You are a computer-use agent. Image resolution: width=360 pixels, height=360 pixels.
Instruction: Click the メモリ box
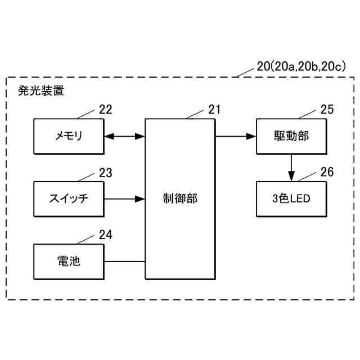point(68,136)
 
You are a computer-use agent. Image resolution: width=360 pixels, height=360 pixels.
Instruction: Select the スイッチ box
point(68,199)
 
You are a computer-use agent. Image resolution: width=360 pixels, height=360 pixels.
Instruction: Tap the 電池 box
point(68,262)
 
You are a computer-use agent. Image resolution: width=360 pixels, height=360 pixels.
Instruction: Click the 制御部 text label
point(180,199)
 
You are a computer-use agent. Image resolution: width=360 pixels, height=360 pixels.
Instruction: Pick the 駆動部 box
point(291,136)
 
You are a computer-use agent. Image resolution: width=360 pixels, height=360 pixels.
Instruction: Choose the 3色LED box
point(291,199)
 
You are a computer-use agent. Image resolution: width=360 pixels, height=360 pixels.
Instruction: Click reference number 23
point(106,173)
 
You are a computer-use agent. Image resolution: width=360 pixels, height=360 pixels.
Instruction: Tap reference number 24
point(106,235)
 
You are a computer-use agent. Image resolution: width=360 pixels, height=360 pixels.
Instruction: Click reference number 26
point(327,172)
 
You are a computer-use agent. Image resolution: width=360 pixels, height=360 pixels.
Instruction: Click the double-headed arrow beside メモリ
point(124,136)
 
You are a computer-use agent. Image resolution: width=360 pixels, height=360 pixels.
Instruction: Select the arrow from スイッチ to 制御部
point(124,199)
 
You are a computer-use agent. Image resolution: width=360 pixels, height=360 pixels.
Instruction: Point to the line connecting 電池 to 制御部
point(124,262)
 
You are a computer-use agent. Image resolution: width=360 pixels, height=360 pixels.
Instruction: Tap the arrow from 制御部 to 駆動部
point(235,136)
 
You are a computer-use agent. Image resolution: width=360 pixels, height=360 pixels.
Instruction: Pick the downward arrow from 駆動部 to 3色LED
point(291,168)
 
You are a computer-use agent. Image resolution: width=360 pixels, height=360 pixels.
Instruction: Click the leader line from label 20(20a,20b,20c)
point(246,72)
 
